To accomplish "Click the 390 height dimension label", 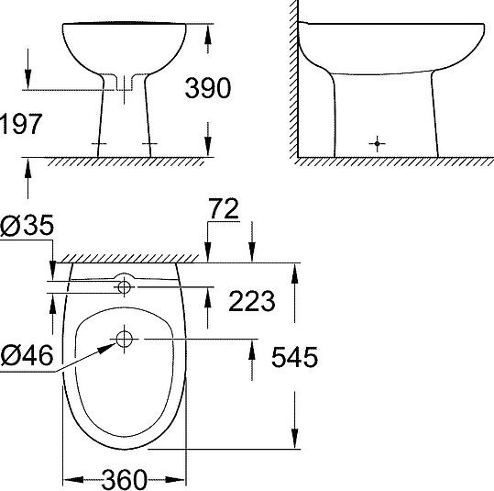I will (x=207, y=88).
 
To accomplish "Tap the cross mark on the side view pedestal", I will (x=375, y=143).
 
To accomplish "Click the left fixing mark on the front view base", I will (x=100, y=145).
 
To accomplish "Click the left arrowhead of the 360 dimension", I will (x=67, y=479).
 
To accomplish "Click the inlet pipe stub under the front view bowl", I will (x=123, y=86).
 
